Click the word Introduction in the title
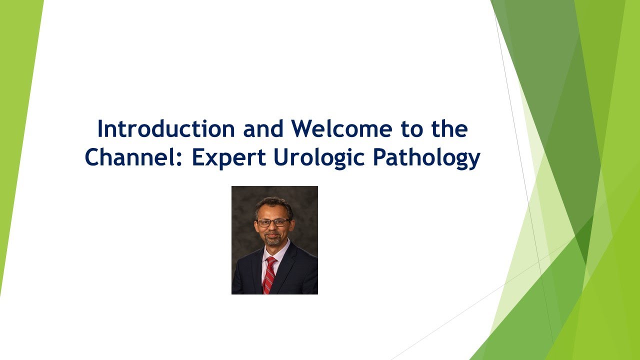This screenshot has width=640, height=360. (x=165, y=129)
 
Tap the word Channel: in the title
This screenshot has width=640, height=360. (x=133, y=157)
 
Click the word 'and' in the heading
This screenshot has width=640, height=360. (x=264, y=129)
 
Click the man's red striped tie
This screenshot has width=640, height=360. (x=269, y=274)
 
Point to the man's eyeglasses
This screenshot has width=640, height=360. (x=272, y=222)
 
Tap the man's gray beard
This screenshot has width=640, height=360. (x=273, y=241)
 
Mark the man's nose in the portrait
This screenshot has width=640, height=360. (x=273, y=228)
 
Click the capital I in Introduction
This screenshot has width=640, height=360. (x=100, y=129)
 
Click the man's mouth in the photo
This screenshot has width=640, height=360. (x=273, y=235)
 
